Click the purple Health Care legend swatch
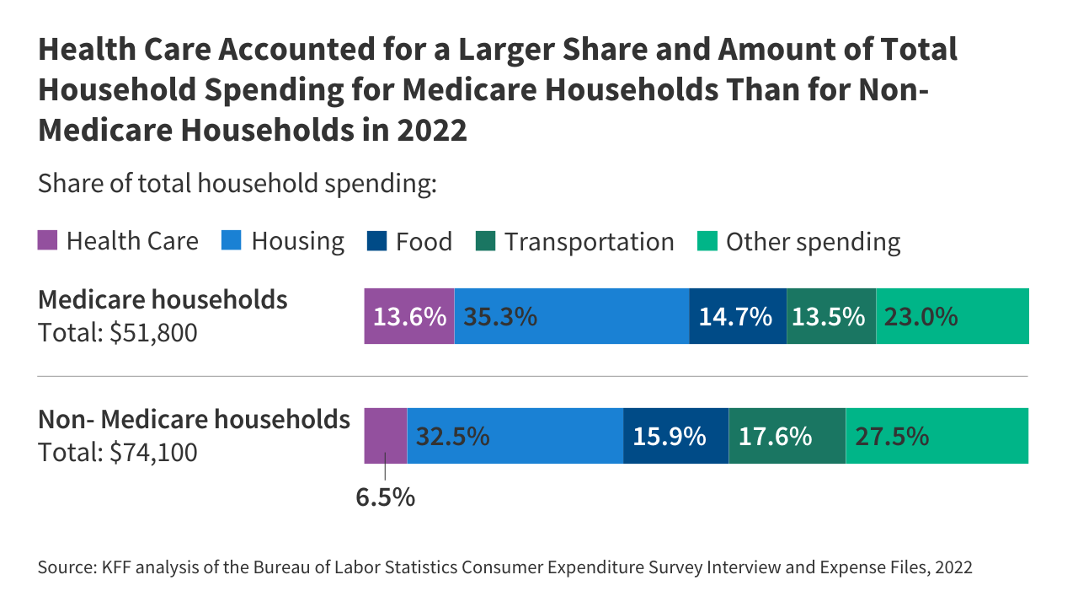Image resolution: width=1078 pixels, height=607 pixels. point(48,241)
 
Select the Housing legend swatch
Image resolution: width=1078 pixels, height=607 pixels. point(232,241)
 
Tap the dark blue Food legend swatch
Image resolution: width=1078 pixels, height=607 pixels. point(376,241)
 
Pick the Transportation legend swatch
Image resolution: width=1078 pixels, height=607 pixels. point(486,241)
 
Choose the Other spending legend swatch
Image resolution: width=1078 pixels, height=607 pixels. point(707,241)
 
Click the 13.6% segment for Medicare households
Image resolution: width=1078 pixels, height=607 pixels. point(409,316)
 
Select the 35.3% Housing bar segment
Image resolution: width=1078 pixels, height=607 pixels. point(572,316)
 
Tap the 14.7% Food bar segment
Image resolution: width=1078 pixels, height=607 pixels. point(738,316)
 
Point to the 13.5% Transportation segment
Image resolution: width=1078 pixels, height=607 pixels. point(831,316)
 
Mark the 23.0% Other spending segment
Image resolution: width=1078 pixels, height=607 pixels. point(953,316)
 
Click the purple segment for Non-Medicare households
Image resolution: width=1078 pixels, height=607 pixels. point(386,436)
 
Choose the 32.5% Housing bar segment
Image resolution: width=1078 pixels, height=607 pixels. point(515,436)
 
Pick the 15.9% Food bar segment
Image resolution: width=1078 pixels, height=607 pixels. point(675,436)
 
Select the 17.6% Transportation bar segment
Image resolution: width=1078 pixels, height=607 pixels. point(787,436)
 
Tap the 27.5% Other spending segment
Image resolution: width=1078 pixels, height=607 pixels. point(937,436)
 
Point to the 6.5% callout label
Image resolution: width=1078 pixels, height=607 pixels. point(386,497)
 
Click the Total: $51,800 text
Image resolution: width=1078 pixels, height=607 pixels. point(118,333)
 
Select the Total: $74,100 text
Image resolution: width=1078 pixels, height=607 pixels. point(118,453)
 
